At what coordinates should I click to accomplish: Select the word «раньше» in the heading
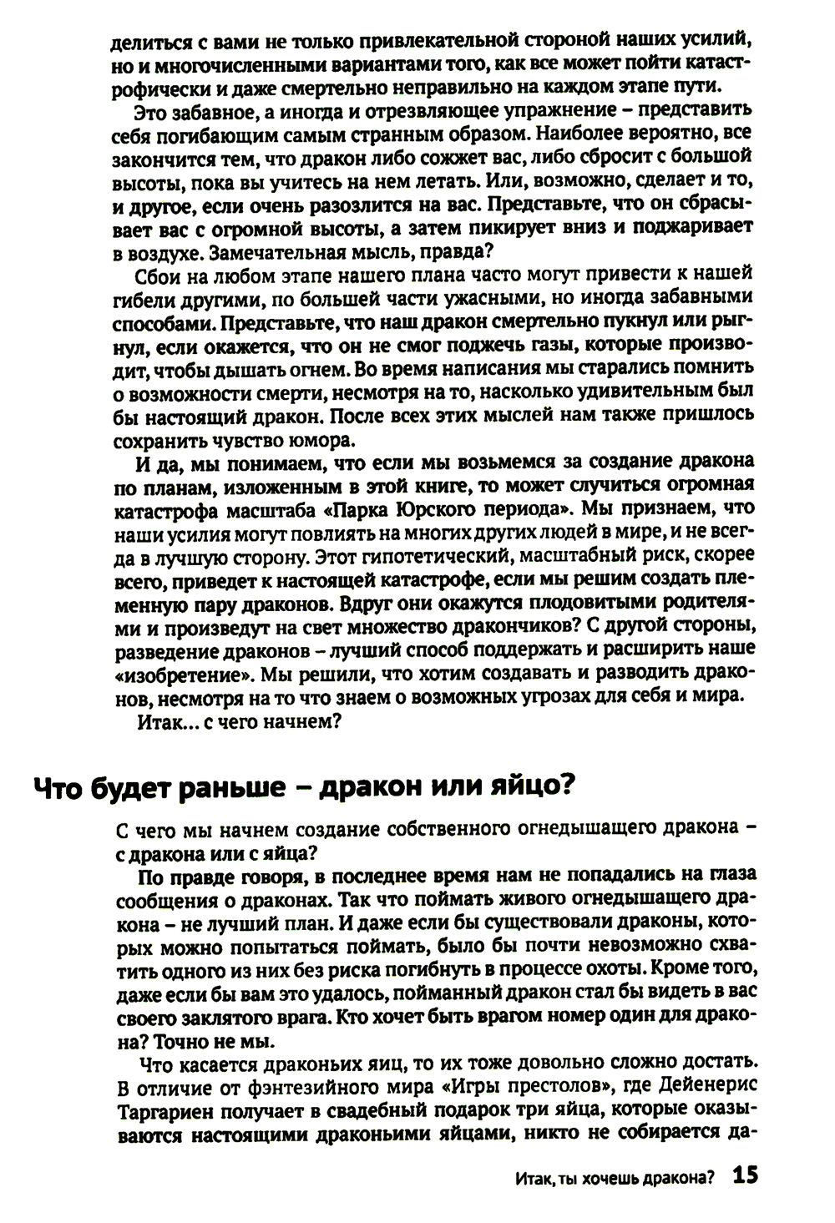coord(238,786)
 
